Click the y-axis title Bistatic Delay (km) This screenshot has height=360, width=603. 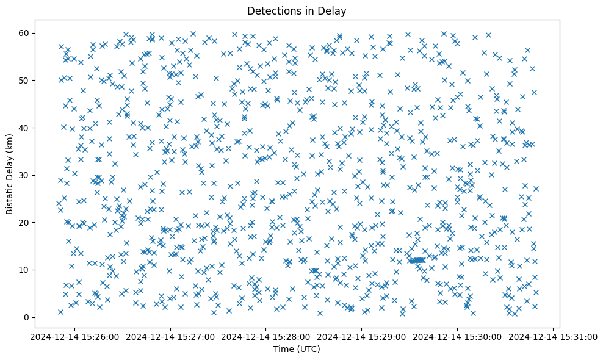pos(10,174)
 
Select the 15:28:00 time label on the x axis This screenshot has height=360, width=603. pos(266,336)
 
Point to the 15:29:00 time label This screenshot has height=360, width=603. pos(362,336)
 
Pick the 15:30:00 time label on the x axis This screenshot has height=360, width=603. pos(458,336)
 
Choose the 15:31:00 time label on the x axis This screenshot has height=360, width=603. pos(553,336)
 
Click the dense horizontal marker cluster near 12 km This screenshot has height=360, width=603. pos(417,261)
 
